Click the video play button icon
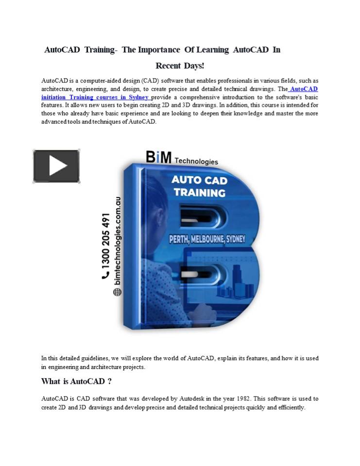(56, 166)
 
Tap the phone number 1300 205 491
(105, 240)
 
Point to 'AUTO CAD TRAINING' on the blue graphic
(200, 186)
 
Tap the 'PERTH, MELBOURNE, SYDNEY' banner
(206, 239)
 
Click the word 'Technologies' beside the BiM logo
(196, 161)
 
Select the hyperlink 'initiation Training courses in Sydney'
(95, 97)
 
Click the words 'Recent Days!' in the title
(180, 66)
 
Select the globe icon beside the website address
(118, 292)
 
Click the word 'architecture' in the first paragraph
(58, 89)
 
